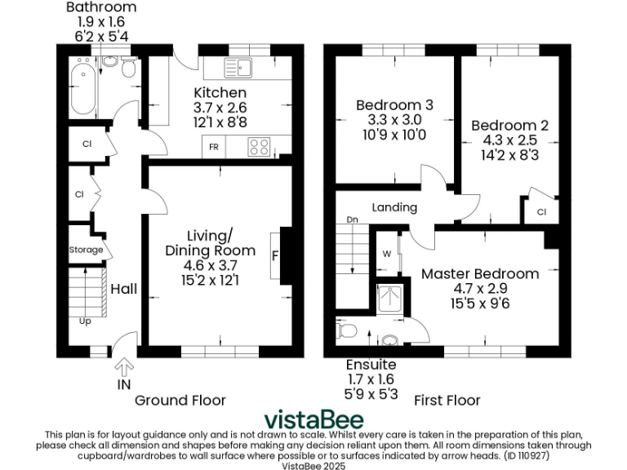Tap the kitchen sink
(x=243, y=67)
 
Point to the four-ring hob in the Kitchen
(x=260, y=147)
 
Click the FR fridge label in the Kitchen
(x=214, y=148)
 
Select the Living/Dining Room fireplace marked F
(x=276, y=255)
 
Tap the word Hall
(x=124, y=289)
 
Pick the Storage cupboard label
(x=86, y=250)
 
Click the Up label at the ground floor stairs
(x=85, y=321)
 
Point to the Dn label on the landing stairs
(x=352, y=219)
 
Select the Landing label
(x=394, y=207)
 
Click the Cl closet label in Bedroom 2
(x=541, y=212)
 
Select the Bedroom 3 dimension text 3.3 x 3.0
(x=394, y=120)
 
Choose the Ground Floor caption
(x=180, y=400)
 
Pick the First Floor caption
(x=447, y=400)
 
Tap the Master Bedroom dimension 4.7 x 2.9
(x=480, y=289)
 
